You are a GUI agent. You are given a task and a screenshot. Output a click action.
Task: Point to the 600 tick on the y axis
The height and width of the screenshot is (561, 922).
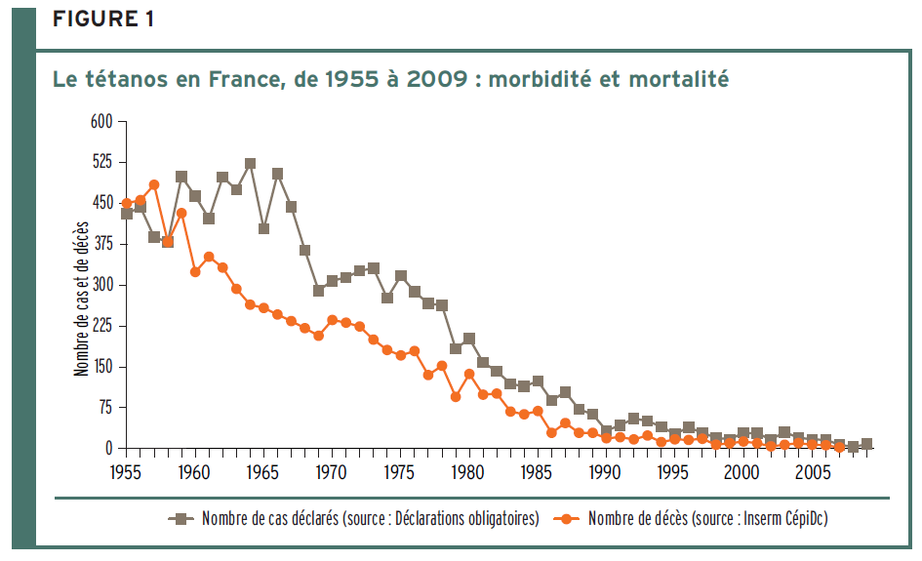[x=101, y=121]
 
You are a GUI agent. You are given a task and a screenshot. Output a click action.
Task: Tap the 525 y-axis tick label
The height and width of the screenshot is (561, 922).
[x=101, y=162]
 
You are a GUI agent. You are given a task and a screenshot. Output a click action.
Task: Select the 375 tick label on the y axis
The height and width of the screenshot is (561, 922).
[x=101, y=244]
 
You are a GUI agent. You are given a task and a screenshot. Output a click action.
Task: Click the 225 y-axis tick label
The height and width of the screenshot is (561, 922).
[x=101, y=326]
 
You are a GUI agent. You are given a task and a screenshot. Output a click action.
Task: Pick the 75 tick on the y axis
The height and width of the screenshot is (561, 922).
[x=104, y=408]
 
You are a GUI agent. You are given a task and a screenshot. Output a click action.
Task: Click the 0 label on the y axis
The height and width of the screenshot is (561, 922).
[x=108, y=449]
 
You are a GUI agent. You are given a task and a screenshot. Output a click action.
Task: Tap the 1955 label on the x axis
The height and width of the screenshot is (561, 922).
[x=126, y=472]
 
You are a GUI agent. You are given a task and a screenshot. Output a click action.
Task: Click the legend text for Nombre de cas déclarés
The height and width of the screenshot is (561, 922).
[x=371, y=519]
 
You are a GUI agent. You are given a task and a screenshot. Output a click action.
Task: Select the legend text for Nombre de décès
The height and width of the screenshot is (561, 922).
[x=707, y=519]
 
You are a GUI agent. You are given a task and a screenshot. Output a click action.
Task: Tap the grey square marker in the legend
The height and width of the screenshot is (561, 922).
[x=179, y=519]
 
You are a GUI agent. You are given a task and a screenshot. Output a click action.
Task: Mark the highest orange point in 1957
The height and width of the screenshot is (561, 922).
[x=154, y=184]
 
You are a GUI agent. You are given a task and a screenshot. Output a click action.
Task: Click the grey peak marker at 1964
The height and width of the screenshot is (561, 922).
[x=250, y=164]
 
